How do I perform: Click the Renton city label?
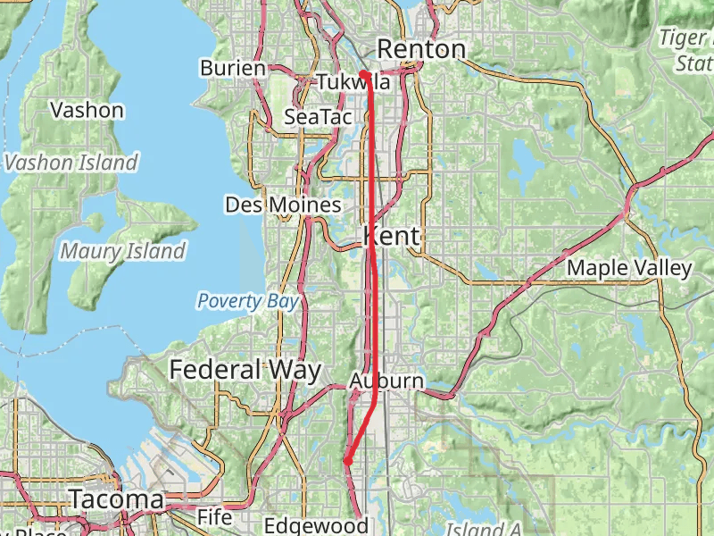pos(421,49)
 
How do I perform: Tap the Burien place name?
pos(233,68)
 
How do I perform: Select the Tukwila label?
pos(353,82)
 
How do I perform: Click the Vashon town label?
pos(87,111)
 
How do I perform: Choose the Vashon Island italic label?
pos(71,163)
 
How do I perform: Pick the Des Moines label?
pos(283,205)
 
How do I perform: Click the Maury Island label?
pos(123,251)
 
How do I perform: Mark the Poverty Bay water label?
pos(248,301)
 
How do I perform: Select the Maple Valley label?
pos(629,268)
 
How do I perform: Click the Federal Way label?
pos(235,369)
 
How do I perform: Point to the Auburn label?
pos(386,381)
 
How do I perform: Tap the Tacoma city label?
pos(116,499)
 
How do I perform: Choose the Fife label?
pos(214,517)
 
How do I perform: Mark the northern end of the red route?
pos(363,73)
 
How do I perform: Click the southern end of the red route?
pos(345,461)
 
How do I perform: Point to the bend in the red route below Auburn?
pos(373,404)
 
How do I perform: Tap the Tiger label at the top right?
pos(684,38)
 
